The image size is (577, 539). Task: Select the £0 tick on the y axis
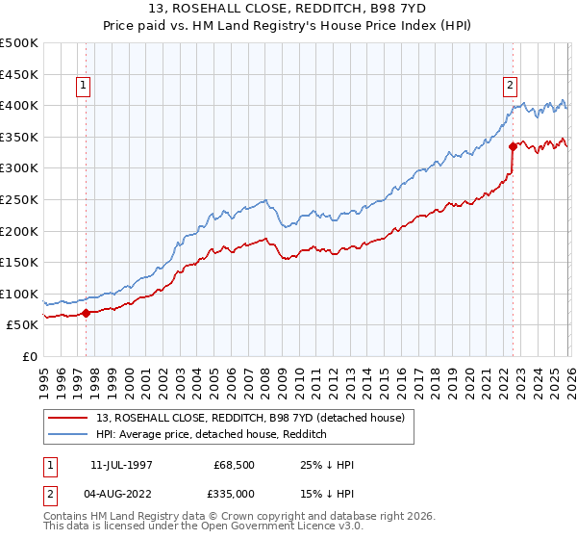(31, 356)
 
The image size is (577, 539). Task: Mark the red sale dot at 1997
(86, 313)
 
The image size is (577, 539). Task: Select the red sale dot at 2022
(513, 146)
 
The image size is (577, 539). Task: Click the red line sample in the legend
(70, 418)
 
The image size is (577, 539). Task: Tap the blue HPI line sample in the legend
(70, 434)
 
